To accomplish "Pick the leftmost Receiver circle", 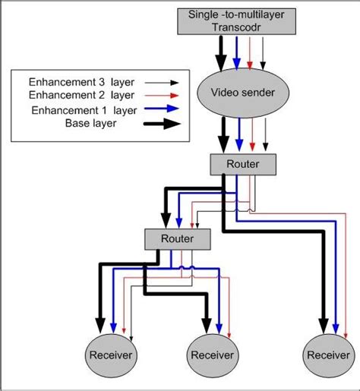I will [x=110, y=355].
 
